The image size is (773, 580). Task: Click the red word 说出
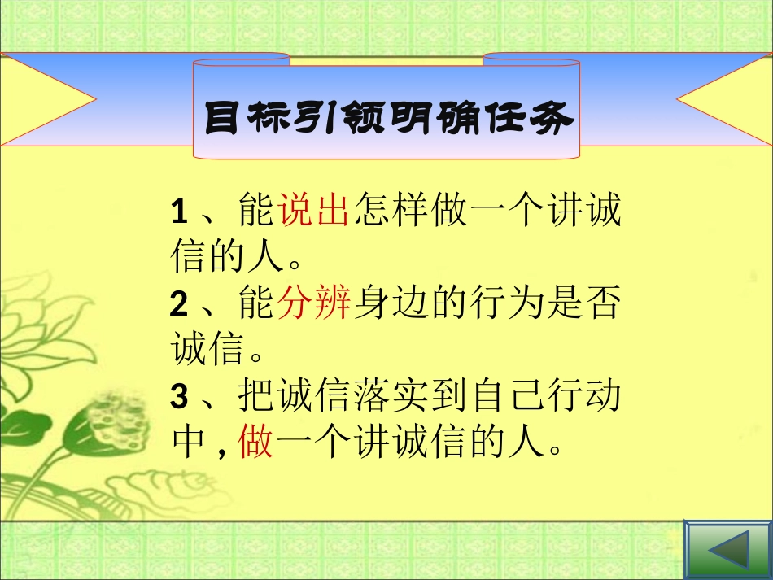(313, 212)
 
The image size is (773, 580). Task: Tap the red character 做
(257, 444)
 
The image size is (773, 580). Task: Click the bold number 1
(180, 213)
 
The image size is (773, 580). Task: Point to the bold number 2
(180, 306)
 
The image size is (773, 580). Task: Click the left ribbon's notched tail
(49, 99)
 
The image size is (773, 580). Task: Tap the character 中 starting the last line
(189, 444)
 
